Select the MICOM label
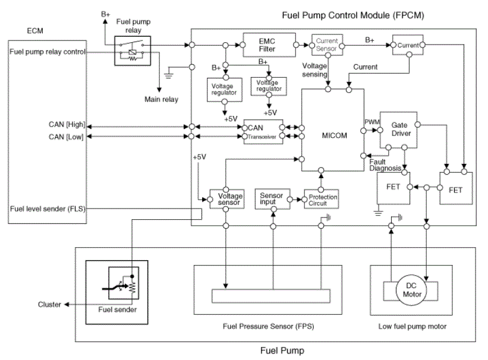[334, 135]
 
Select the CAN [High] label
[67, 125]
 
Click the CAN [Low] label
[66, 137]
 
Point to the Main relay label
[161, 99]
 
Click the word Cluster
[49, 304]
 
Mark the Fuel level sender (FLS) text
[48, 209]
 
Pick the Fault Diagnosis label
[385, 165]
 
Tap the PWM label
[372, 122]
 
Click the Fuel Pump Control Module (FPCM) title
[353, 15]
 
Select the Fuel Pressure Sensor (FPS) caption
[268, 326]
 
